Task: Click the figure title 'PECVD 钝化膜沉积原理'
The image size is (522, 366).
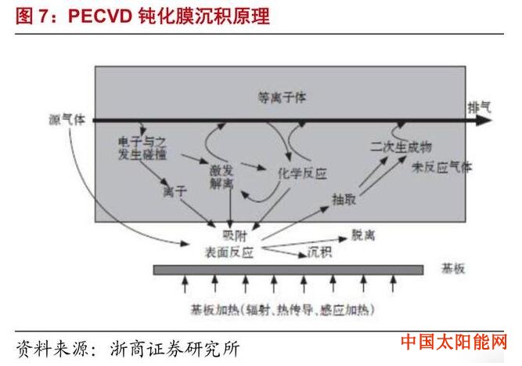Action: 169,16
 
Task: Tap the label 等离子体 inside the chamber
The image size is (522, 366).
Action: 282,98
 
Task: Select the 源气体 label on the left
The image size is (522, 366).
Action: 67,119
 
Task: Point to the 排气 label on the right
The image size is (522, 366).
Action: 480,107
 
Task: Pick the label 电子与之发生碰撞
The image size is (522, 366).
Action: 142,148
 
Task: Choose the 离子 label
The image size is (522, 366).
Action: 175,191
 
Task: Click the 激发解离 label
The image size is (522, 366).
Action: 221,177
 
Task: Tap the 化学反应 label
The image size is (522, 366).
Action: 302,173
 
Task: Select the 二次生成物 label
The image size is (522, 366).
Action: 401,147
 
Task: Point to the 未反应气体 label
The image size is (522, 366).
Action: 441,167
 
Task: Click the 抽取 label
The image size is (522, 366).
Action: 344,199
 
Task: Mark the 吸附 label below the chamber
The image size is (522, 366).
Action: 234,236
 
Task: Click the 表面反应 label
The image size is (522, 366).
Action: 229,252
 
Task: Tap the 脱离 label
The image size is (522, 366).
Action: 363,235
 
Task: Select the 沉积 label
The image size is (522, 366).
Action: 319,252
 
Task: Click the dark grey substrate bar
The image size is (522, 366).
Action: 288,270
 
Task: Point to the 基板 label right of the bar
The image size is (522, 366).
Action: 453,268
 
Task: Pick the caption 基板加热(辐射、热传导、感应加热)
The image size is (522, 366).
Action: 283,310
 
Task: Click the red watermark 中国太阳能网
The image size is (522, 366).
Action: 454,342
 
